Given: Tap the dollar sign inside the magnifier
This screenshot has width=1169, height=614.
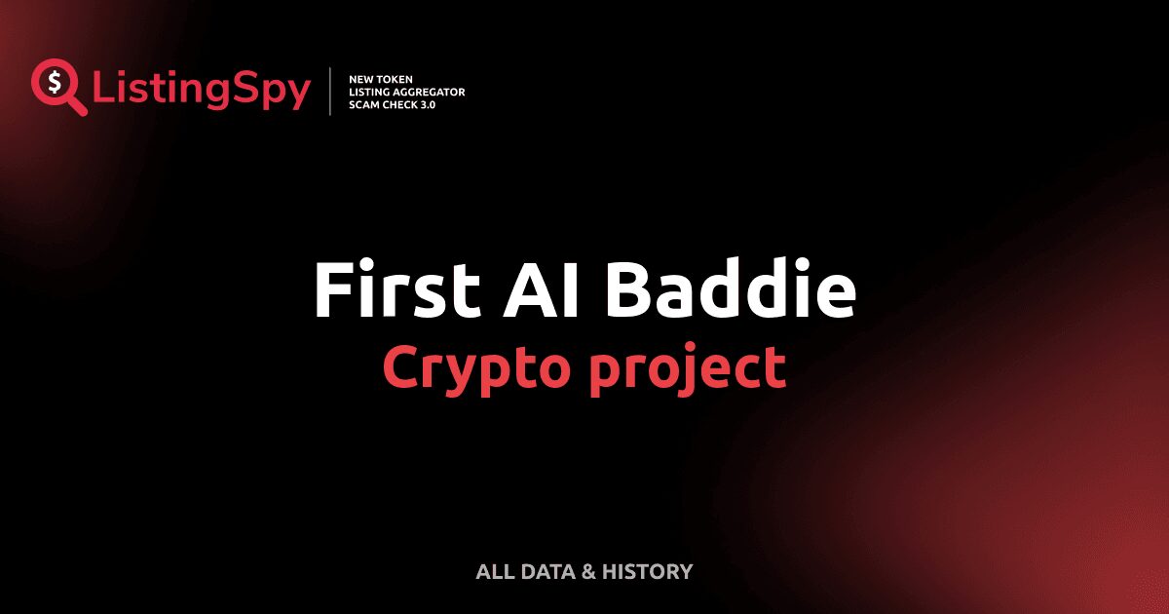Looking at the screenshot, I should pos(53,82).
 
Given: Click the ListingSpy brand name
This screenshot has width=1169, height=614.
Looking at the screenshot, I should pos(202,90).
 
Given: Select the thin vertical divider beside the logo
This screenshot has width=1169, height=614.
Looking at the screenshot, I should pos(331,92).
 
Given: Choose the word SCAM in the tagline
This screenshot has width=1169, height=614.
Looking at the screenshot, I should pos(365,104).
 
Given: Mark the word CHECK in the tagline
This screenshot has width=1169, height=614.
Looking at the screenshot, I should pos(402,104).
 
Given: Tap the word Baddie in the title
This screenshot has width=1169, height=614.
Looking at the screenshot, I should pos(729,289).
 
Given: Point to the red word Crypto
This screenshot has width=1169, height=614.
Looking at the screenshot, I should pos(473,368).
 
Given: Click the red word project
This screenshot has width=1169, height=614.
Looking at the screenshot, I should pos(688,368).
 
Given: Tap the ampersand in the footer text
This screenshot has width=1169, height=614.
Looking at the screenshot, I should pos(588,572).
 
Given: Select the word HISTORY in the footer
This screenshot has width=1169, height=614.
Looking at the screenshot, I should pos(648,572).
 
